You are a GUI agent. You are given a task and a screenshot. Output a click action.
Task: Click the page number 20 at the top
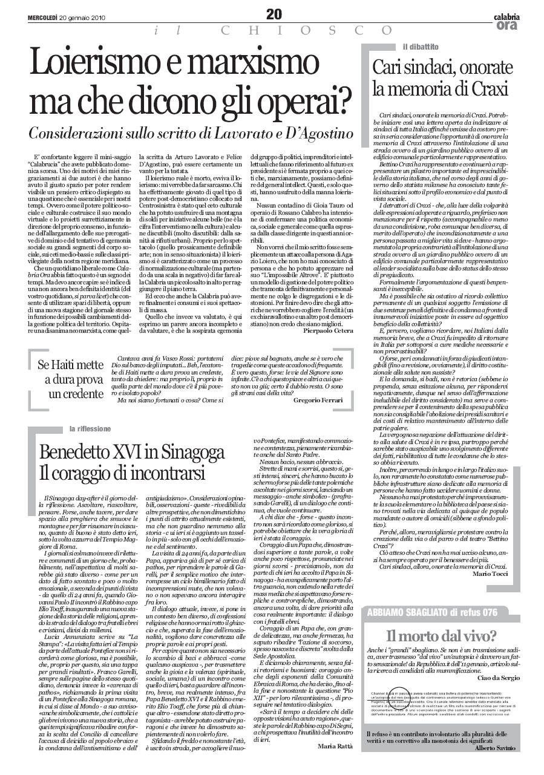pos(274,13)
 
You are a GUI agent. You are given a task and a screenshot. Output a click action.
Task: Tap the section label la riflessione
pos(90,429)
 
